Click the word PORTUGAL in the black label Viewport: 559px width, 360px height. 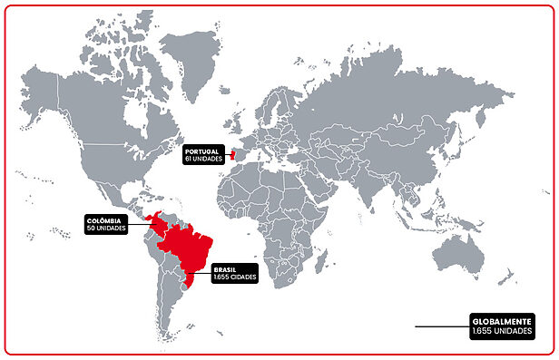coord(200,151)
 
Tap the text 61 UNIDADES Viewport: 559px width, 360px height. coord(202,159)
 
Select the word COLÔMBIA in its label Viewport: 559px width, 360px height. coord(103,220)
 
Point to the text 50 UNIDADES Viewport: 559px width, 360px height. coord(105,229)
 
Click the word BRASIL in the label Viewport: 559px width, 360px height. coord(226,269)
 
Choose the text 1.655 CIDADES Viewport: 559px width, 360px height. coord(236,277)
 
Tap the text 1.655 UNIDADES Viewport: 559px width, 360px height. coord(502,332)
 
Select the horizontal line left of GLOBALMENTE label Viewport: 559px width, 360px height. coord(441,326)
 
